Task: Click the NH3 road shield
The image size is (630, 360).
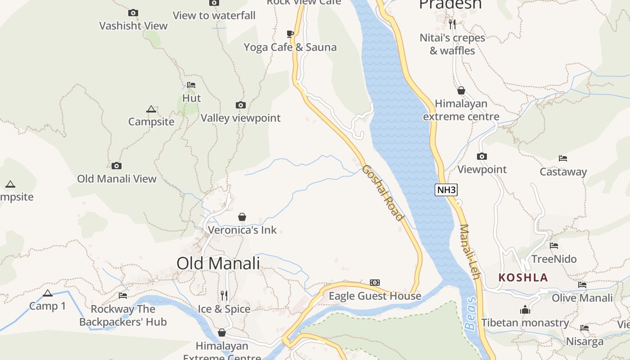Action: tap(446, 190)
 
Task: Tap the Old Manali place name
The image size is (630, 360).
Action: tap(218, 263)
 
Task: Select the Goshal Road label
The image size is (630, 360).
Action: tap(382, 193)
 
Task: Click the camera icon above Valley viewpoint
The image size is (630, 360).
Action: tap(241, 105)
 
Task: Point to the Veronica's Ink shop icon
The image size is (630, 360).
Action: tap(242, 217)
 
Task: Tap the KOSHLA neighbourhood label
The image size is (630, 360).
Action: tap(523, 278)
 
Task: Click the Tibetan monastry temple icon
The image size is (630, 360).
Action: tap(525, 310)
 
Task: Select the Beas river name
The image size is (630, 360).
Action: tap(470, 314)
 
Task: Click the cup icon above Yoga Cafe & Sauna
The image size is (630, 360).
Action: tap(290, 34)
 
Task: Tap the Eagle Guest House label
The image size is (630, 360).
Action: tap(375, 296)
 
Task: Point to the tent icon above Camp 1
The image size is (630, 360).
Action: tap(48, 293)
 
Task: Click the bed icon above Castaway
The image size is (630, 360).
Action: tap(563, 158)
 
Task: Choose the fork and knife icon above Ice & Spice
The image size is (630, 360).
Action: tap(224, 295)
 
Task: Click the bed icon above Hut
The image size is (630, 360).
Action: tap(191, 85)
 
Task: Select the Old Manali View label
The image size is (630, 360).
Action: tap(117, 179)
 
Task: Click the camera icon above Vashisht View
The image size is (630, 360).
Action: tap(133, 13)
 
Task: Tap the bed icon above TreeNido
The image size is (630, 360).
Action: tap(554, 246)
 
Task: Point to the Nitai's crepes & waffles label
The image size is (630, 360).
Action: tap(452, 44)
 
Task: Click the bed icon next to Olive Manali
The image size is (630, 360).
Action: tap(582, 285)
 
